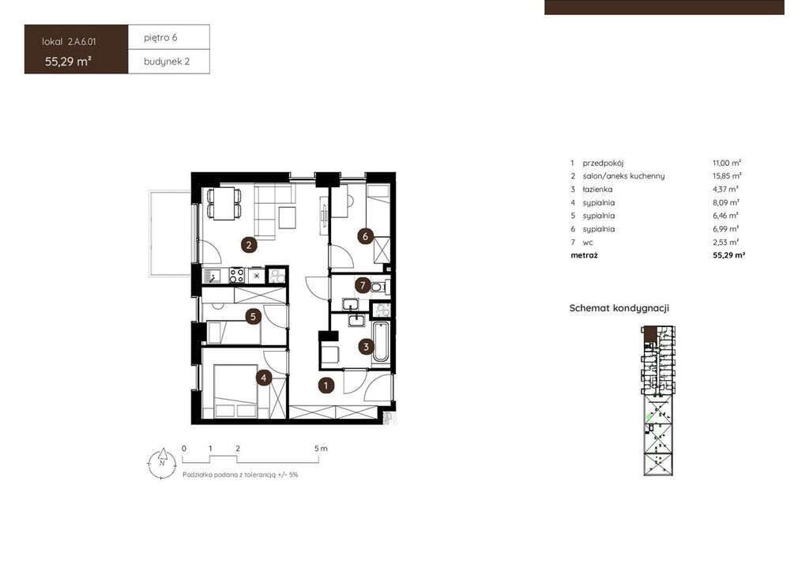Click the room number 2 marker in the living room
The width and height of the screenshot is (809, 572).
tap(249, 244)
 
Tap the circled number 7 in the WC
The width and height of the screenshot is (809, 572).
tap(363, 285)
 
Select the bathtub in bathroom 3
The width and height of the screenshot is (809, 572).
tap(382, 342)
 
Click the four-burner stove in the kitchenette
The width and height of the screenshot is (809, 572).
tap(237, 276)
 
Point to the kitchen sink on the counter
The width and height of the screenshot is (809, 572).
tap(212, 276)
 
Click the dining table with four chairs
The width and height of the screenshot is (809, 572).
tap(224, 203)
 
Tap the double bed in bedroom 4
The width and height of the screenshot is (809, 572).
tap(235, 391)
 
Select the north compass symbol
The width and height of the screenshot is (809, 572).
tap(162, 463)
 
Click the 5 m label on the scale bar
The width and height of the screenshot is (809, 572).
tap(321, 449)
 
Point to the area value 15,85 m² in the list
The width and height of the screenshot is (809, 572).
tap(727, 176)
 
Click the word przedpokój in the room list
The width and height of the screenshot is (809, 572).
tap(603, 163)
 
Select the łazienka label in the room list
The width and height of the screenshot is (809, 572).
tap(597, 190)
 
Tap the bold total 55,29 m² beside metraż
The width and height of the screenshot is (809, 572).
tap(729, 255)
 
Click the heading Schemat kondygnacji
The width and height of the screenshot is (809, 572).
tap(619, 308)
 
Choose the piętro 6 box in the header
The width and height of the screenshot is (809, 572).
tap(169, 37)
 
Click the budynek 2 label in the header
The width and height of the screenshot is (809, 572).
tap(167, 62)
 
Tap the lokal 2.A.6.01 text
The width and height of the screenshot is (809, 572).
tap(69, 42)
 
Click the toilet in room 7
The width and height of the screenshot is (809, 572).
tap(379, 287)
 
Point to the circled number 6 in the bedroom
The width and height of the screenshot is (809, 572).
tap(365, 237)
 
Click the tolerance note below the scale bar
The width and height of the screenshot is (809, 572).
tap(240, 475)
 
